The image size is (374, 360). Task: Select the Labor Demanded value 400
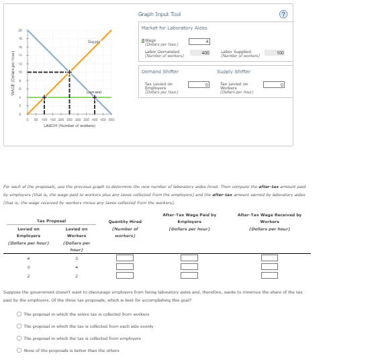[205, 52]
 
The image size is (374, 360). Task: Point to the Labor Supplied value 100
[279, 52]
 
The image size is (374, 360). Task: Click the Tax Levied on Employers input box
[207, 85]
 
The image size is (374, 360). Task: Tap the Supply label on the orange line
[93, 42]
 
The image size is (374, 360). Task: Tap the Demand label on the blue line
[93, 92]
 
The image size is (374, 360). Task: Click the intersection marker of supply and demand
[70, 72]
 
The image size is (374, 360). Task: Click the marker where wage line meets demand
[95, 97]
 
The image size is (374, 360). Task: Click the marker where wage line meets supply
[44, 97]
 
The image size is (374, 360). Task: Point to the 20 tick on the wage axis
[20, 30]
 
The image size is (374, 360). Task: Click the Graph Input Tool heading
[159, 13]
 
